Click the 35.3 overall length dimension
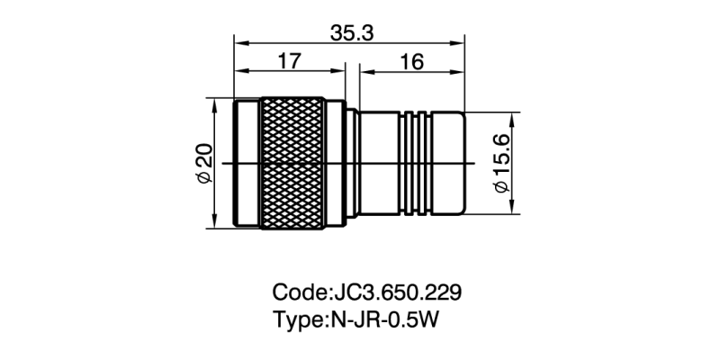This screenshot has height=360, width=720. click(351, 33)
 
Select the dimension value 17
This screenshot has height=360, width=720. click(288, 62)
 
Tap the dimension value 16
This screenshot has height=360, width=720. click(409, 62)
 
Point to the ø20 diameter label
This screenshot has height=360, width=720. click(203, 163)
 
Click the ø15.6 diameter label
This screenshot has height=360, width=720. click(500, 163)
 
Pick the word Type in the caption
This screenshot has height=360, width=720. click(296, 319)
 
